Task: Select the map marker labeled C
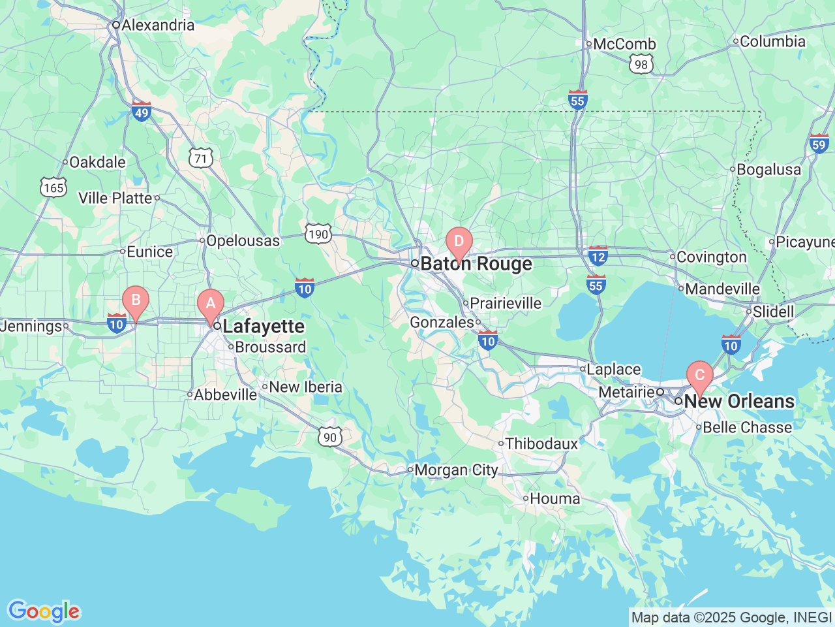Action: [699, 376]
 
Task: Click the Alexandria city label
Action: [158, 25]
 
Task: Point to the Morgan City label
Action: [456, 470]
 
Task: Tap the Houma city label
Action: [554, 499]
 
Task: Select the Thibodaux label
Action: [541, 444]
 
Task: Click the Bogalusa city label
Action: [768, 170]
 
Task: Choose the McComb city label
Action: [624, 44]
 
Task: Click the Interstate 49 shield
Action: [142, 112]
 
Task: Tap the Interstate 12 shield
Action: [598, 256]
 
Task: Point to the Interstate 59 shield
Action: [819, 144]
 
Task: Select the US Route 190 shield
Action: [318, 234]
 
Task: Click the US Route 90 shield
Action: [330, 437]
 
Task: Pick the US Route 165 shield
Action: [53, 187]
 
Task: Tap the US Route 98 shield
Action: [641, 64]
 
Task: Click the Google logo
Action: [44, 612]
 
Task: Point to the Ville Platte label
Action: [115, 198]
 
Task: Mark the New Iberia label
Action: [305, 387]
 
